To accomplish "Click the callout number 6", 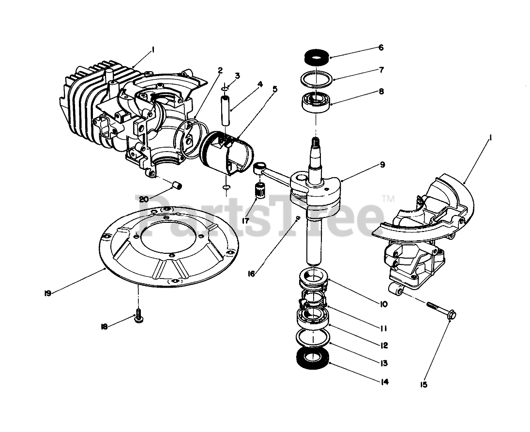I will pos(381,47).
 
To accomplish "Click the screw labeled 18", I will pos(138,317).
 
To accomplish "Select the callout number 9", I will pos(382,165).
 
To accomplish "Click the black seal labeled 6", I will pos(317,57).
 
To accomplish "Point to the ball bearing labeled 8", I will pos(317,100).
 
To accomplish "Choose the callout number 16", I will pos(252,274).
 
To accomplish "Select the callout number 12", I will pos(383,345).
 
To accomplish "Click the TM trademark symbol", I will pos(388,198).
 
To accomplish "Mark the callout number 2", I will pos(220,71).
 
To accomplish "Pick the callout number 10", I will pos(383,304).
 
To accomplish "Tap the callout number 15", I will pos(424,385).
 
